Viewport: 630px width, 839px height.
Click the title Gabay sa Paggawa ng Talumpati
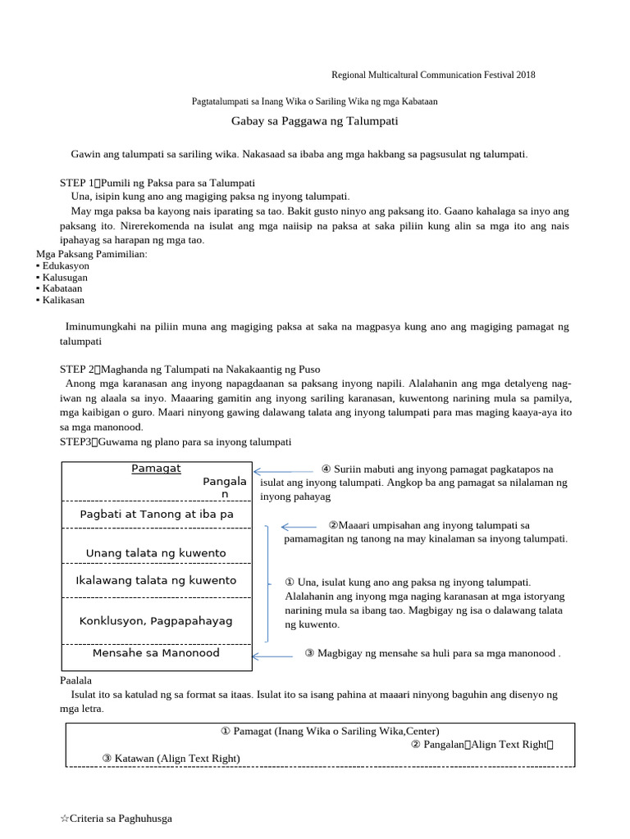pyautogui.click(x=315, y=121)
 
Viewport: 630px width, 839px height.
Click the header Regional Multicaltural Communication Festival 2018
pyautogui.click(x=433, y=75)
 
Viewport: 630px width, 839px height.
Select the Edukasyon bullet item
pyautogui.click(x=66, y=266)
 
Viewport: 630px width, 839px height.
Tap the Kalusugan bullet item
pyautogui.click(x=65, y=278)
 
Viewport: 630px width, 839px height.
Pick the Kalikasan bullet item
pyautogui.click(x=63, y=300)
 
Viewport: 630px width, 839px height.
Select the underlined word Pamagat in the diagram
pyautogui.click(x=156, y=469)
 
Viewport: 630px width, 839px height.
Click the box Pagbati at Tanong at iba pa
pyautogui.click(x=156, y=514)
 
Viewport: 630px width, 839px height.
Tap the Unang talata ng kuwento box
pyautogui.click(x=156, y=553)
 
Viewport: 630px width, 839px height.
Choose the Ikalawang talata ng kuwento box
pyautogui.click(x=156, y=580)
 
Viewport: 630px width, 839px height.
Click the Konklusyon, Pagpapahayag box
pyautogui.click(x=156, y=620)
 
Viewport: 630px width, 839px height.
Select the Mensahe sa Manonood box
pyautogui.click(x=156, y=653)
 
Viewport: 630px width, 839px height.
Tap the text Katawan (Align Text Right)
pyautogui.click(x=171, y=759)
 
